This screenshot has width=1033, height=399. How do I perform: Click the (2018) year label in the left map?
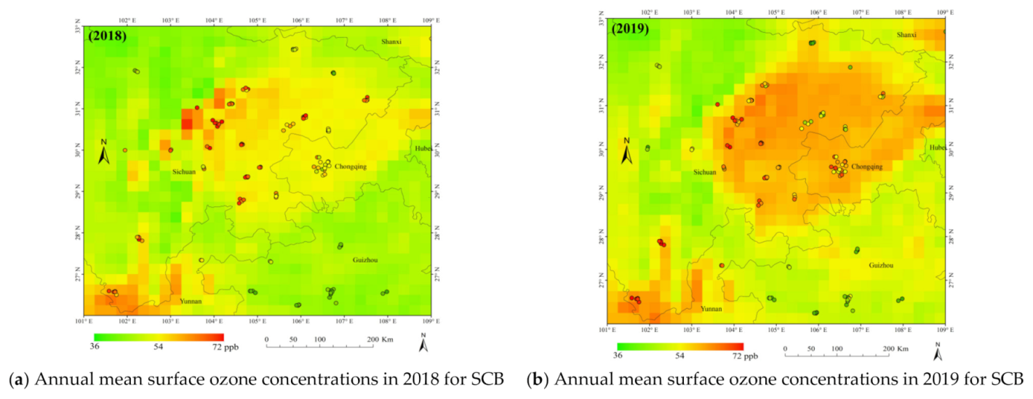pos(108,36)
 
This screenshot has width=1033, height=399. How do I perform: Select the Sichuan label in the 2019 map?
pos(704,172)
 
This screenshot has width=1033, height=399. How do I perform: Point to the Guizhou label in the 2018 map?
pos(365,259)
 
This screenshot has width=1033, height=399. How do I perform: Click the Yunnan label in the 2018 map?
pos(191,301)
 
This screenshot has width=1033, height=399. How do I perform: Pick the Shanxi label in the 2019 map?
pos(906,34)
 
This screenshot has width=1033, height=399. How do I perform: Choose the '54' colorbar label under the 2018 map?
pos(159,347)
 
